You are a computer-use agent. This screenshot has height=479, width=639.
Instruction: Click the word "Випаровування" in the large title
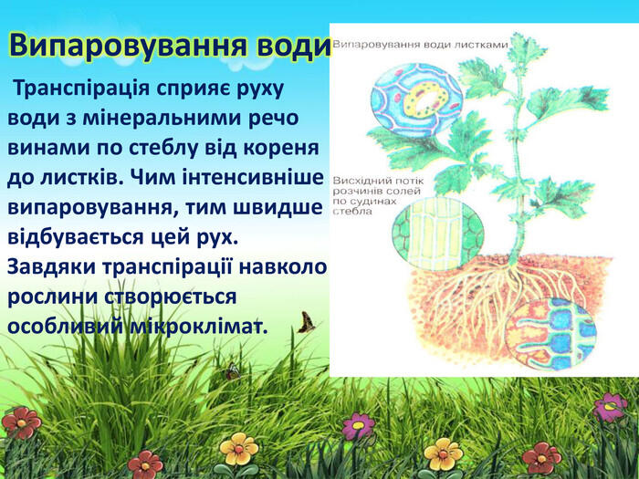127,47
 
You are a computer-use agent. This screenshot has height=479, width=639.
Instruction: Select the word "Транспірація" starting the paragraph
81,89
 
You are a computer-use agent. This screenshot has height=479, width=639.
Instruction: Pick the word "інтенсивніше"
252,177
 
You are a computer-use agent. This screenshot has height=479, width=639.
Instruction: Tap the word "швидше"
278,207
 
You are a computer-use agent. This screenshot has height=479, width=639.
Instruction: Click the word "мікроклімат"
198,327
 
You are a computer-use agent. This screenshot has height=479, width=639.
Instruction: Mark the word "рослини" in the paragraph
52,297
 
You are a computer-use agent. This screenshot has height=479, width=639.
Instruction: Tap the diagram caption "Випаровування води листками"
420,45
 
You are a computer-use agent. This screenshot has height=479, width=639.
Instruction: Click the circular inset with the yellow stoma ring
416,100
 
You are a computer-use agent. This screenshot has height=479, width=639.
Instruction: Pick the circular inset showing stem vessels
438,233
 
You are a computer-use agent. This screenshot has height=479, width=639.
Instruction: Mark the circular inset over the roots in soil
551,331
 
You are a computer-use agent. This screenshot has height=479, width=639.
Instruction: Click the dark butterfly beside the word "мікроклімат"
306,323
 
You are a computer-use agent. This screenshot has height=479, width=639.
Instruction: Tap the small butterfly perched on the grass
232,371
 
